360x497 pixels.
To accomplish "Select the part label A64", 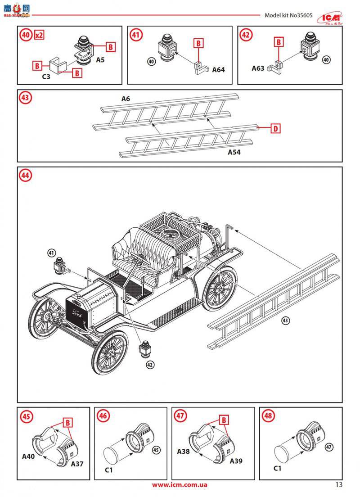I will [x=218, y=70].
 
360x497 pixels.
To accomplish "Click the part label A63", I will [x=258, y=68].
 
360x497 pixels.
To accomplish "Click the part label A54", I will [x=234, y=153].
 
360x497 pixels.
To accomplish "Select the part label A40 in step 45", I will [x=29, y=456].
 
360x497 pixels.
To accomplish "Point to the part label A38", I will [x=183, y=451].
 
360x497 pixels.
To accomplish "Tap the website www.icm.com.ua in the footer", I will [x=180, y=485].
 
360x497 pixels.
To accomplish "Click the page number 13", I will [x=339, y=484].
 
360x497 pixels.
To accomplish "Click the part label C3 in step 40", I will [x=46, y=77].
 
